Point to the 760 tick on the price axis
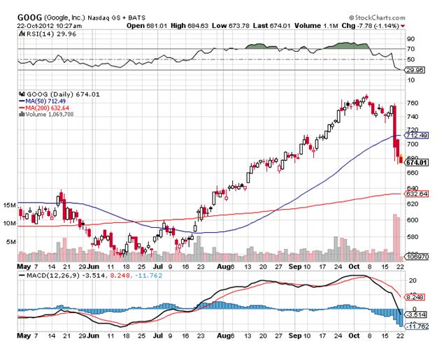click(412, 103)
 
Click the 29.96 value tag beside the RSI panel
click(411, 69)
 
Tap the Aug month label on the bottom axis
click(223, 266)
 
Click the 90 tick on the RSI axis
click(410, 39)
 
